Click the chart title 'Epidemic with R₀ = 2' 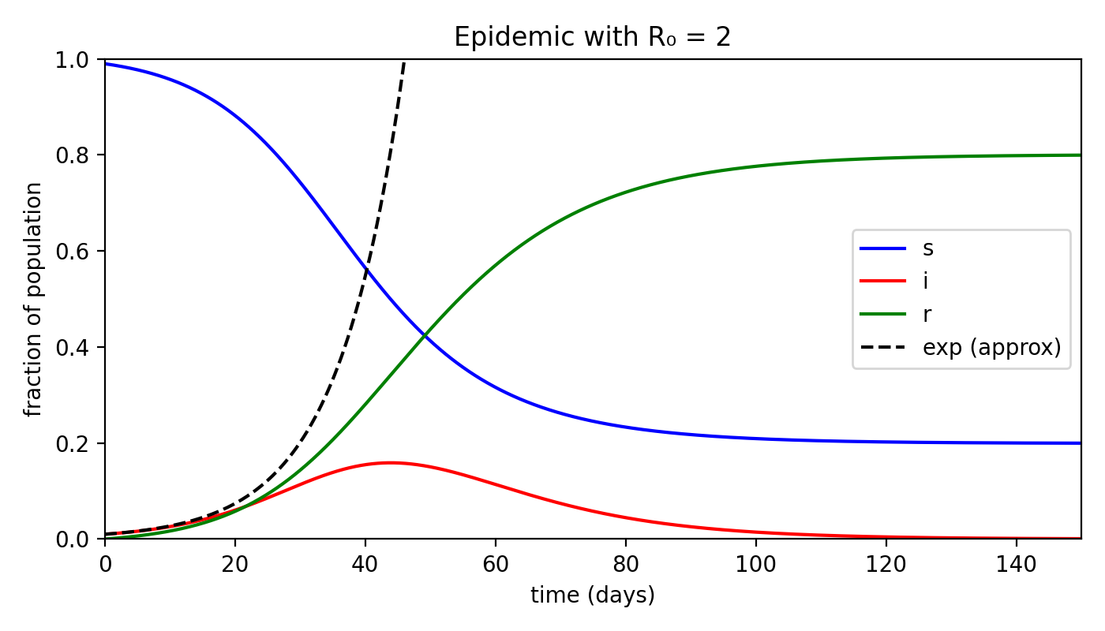[x=592, y=37]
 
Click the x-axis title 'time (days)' [x=592, y=596]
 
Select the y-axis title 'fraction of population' [x=33, y=300]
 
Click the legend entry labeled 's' [x=928, y=248]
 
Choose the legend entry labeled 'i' [x=927, y=281]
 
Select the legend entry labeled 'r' [x=927, y=314]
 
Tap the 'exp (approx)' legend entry [x=991, y=347]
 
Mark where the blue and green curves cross [x=425, y=336]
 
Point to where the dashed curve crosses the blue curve [x=366, y=269]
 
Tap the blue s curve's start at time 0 [x=105, y=64]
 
